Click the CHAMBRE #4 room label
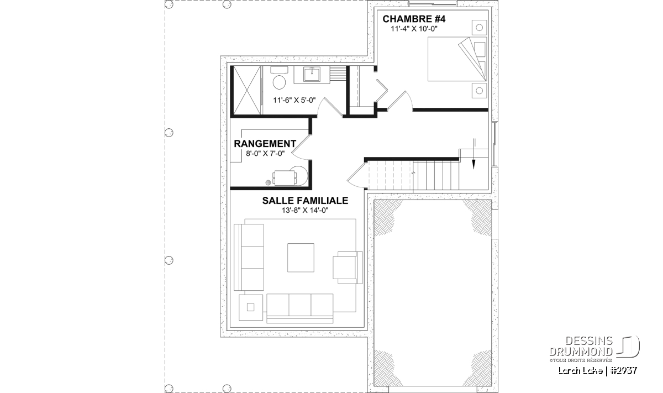tap(414, 19)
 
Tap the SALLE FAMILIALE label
tap(305, 201)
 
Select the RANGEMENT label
tap(265, 144)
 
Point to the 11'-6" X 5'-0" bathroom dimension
tap(294, 101)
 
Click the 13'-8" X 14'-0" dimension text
tap(305, 211)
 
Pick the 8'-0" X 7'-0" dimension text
tap(265, 154)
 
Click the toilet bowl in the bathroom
tap(279, 82)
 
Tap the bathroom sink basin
tap(312, 74)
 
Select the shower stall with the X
tap(247, 90)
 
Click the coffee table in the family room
tap(301, 258)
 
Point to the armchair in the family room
tap(348, 268)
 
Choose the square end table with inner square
tap(251, 307)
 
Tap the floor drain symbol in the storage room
tap(268, 182)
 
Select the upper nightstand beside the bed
tap(479, 28)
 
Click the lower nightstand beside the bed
tap(479, 90)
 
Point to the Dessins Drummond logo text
tap(581, 346)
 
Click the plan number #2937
tap(623, 370)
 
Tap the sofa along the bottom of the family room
tap(300, 308)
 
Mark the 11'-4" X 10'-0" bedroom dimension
tap(414, 29)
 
